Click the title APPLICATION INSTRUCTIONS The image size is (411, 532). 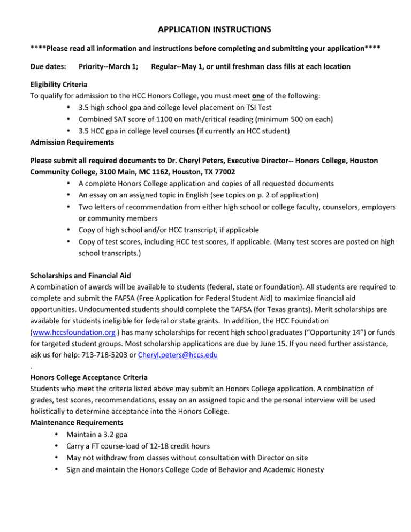pos(205,27)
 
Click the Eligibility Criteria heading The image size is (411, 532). pos(63,85)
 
